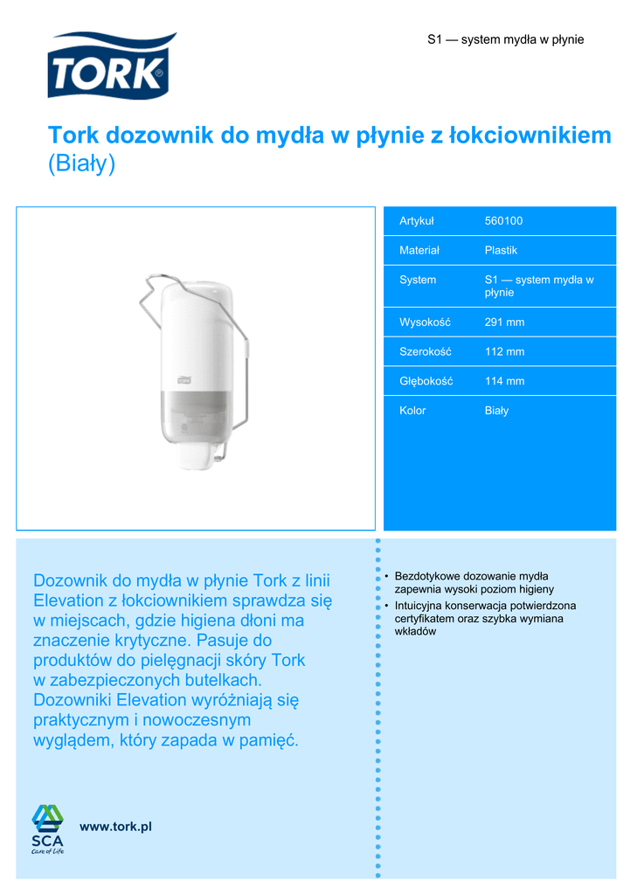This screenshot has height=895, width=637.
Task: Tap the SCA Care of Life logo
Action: [48, 828]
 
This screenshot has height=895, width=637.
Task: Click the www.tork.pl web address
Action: [115, 827]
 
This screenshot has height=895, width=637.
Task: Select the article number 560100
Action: [503, 221]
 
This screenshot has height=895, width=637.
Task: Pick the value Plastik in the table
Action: [501, 250]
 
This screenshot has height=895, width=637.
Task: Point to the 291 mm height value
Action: [504, 323]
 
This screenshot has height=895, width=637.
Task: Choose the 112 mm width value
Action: [504, 351]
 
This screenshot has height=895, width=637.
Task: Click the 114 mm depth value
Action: [504, 381]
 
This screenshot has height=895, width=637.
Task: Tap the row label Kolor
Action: [412, 411]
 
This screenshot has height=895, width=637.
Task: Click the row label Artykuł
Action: [416, 221]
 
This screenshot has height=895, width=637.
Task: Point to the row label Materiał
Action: [419, 250]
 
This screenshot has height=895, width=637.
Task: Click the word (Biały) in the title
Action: [81, 164]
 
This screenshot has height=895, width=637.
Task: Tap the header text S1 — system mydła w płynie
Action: [505, 40]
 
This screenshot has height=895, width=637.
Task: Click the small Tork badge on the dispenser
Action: [183, 378]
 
